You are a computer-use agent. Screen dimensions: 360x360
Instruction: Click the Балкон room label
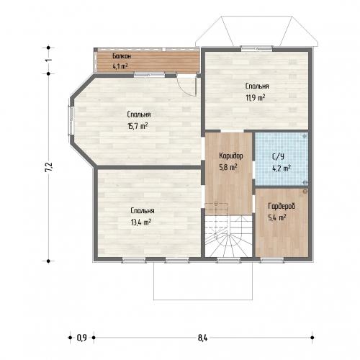pos(122,56)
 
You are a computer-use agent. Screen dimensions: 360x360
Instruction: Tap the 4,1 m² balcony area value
pos(120,66)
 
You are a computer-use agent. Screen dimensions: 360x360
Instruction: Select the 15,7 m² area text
pos(138,126)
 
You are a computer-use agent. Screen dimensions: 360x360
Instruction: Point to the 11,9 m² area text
pos(255,98)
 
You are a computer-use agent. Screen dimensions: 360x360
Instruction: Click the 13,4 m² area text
pos(141,222)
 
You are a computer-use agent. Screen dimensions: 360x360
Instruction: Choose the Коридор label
pos(231,156)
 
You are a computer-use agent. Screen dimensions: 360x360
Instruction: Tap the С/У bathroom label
pos(278,157)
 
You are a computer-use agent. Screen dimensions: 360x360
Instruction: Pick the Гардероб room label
pos(282,206)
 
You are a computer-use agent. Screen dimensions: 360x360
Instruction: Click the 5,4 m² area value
pos(276,217)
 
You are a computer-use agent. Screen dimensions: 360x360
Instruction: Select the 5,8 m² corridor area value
pos(228,167)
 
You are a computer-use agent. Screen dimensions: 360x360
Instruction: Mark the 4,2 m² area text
pos(282,168)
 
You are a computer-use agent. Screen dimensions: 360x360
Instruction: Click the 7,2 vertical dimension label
pos(49,167)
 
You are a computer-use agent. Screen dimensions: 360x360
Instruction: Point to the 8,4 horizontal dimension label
pos(202,338)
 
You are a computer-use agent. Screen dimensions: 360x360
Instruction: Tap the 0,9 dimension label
pos(81,338)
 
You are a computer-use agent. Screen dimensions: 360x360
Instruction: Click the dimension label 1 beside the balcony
pos(48,60)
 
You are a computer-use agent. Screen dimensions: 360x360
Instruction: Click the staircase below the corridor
pos(228,236)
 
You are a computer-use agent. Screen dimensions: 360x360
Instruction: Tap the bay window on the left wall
pos(71,120)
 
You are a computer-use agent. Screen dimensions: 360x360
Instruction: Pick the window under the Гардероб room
pos(272,260)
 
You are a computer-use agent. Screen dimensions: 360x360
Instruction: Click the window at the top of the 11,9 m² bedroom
pos(257,49)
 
